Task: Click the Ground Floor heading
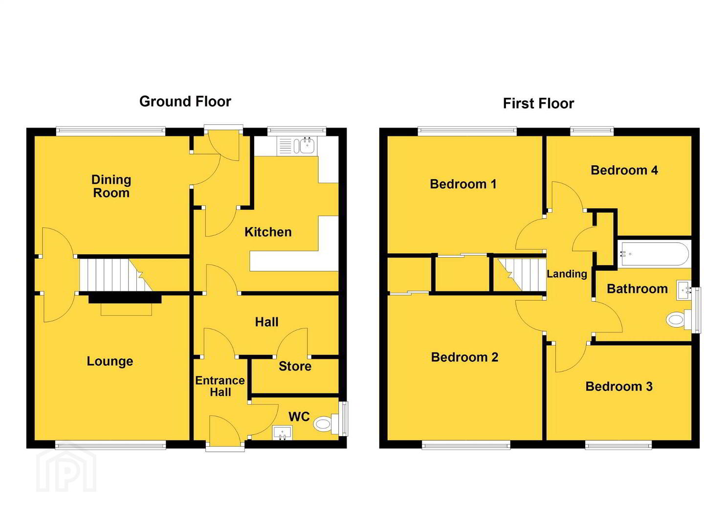click(185, 102)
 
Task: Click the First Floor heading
click(538, 104)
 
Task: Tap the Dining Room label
click(111, 186)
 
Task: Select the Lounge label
click(110, 361)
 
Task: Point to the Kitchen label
click(268, 232)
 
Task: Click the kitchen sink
click(297, 146)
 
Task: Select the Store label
click(295, 366)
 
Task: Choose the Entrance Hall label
click(220, 386)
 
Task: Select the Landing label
click(567, 274)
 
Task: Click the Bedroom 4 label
click(624, 171)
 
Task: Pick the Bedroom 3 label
click(619, 386)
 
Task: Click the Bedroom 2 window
click(466, 444)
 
